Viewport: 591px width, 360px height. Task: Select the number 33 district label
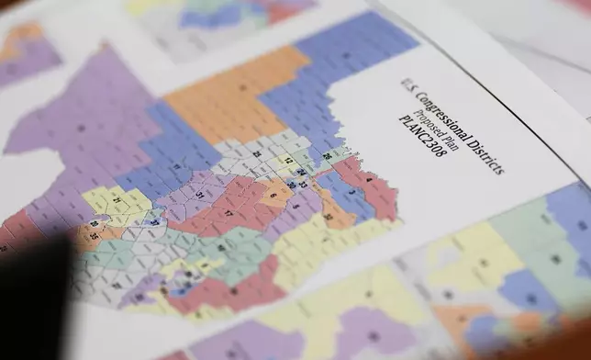coord(303,185)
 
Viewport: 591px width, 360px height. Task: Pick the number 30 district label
coord(291,185)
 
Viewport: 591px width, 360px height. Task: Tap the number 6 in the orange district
coord(273,195)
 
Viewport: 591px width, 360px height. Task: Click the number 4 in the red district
coord(367,181)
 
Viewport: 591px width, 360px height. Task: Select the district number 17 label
coord(228,212)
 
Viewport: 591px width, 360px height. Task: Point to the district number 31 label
coord(198,195)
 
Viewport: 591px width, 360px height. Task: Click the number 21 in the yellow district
coord(117,198)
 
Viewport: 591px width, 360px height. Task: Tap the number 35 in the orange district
coord(94,235)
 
